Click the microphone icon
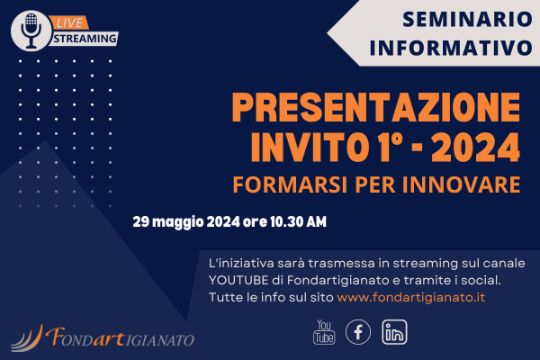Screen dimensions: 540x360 [31, 31]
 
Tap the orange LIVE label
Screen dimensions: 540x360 [69, 23]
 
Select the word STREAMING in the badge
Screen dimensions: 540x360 [85, 39]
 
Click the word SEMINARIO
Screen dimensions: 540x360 [467, 19]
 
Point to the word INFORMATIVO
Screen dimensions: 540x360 [451, 48]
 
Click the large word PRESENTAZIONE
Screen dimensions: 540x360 [376, 107]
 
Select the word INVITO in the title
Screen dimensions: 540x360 [308, 148]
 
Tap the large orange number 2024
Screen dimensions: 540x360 [475, 148]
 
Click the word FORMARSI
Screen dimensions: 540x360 [290, 184]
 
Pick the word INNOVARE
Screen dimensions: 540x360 [461, 184]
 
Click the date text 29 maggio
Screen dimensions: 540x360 [168, 222]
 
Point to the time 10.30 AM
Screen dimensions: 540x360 [298, 221]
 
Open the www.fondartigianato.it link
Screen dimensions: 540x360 [411, 297]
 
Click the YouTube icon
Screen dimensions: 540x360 [324, 332]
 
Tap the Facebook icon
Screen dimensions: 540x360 [358, 332]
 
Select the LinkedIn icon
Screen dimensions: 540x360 [394, 332]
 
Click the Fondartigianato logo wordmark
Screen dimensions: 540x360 [120, 337]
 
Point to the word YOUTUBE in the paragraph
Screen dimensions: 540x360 [238, 280]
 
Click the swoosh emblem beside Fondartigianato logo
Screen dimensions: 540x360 [27, 338]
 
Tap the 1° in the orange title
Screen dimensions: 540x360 [389, 148]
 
